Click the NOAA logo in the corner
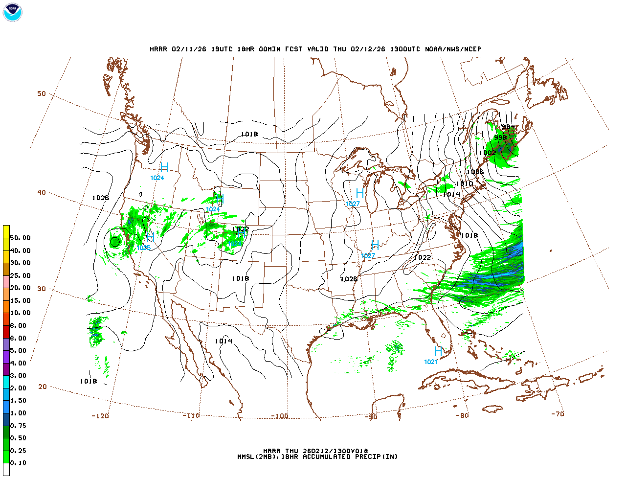pyautogui.click(x=12, y=12)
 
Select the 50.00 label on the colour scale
pyautogui.click(x=20, y=238)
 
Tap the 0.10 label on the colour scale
pyautogui.click(x=19, y=463)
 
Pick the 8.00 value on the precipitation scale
pyautogui.click(x=19, y=326)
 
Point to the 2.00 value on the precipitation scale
pyautogui.click(x=19, y=388)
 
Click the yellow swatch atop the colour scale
pyautogui.click(x=6, y=231)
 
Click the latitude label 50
pyautogui.click(x=42, y=93)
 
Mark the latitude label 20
pyautogui.click(x=43, y=387)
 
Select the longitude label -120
pyautogui.click(x=100, y=416)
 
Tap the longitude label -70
pyautogui.click(x=557, y=414)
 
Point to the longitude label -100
pyautogui.click(x=279, y=416)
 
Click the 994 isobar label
pyautogui.click(x=508, y=127)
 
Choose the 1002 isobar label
pyautogui.click(x=487, y=153)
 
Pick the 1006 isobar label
pyautogui.click(x=475, y=172)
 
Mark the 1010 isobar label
pyautogui.click(x=464, y=184)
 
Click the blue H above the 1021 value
pyautogui.click(x=438, y=351)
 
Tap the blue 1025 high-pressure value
pyautogui.click(x=143, y=248)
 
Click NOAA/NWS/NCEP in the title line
pyautogui.click(x=453, y=49)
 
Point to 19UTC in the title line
pyautogui.click(x=222, y=49)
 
